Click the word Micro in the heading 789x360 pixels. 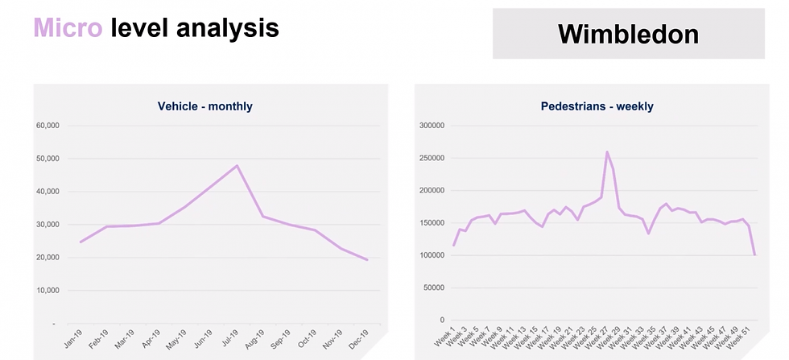click(x=68, y=29)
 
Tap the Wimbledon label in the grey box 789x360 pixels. click(x=628, y=33)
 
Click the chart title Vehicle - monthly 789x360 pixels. click(x=205, y=106)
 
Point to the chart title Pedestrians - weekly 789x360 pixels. click(x=597, y=106)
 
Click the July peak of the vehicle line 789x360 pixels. click(x=237, y=166)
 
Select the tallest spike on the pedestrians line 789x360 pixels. click(x=607, y=151)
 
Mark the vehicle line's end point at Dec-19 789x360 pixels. click(x=368, y=259)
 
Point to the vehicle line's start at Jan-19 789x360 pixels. click(x=80, y=242)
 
